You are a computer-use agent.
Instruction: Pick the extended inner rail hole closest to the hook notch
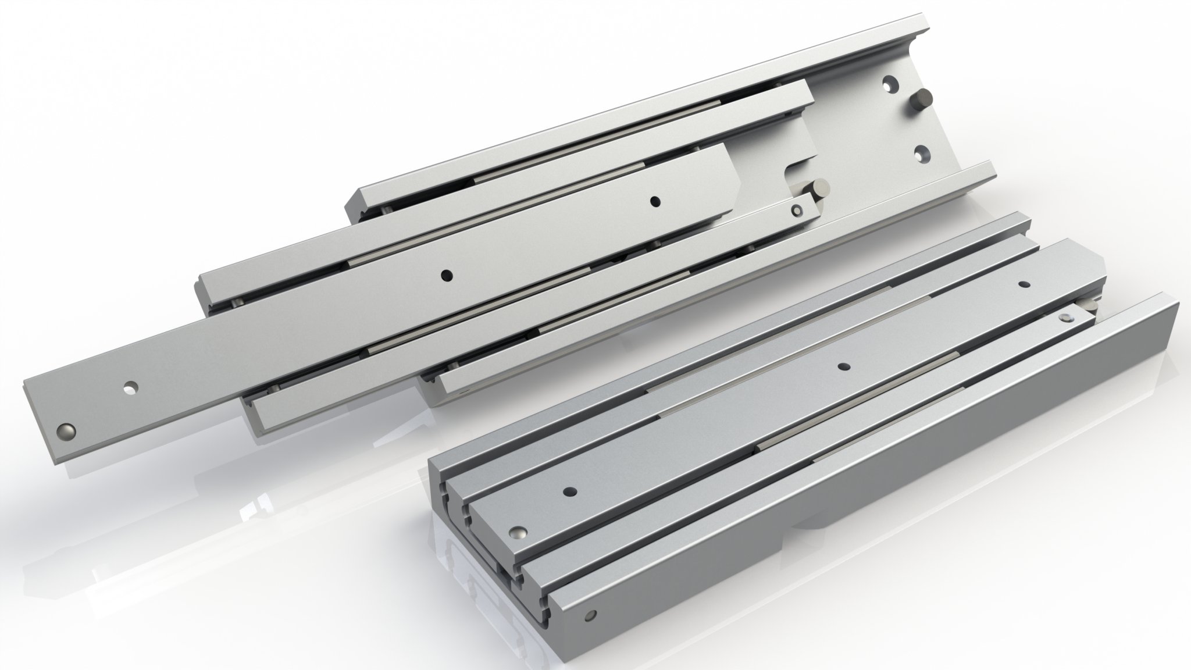point(655,201)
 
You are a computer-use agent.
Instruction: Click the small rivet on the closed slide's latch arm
point(1065,318)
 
